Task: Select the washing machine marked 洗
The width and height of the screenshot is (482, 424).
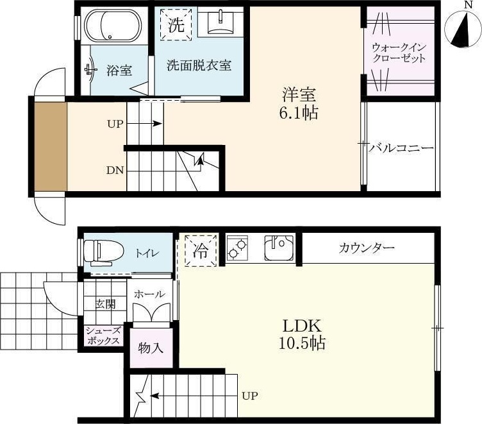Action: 175,24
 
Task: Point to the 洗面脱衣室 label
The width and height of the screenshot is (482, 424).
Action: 199,65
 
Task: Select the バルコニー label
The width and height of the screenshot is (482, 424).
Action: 402,148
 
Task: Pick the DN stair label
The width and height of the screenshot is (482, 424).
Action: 115,170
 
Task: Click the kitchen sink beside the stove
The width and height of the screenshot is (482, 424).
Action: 278,248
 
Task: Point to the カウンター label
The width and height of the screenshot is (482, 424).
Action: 367,248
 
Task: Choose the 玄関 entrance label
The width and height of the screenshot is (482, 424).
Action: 106,303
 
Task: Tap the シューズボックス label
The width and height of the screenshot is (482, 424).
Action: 103,336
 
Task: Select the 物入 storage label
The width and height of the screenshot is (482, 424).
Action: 150,348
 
